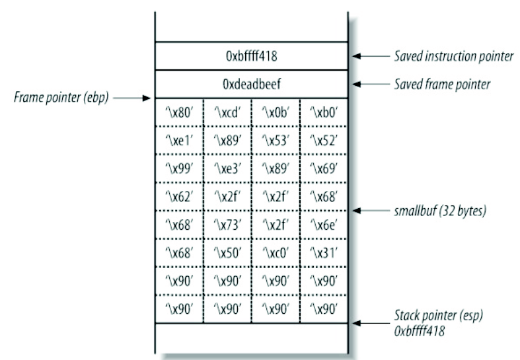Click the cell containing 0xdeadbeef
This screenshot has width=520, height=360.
[x=251, y=85]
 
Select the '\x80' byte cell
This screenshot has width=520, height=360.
[x=179, y=113]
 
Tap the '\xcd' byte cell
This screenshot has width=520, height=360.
[x=227, y=113]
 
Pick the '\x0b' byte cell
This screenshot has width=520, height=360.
[x=275, y=113]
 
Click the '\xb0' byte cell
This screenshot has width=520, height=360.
[x=323, y=113]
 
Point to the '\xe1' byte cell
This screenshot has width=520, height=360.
[x=179, y=141]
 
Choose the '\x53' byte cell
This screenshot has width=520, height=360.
[x=275, y=141]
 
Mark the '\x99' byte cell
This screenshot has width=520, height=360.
[x=179, y=168]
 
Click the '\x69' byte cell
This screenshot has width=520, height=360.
[x=323, y=168]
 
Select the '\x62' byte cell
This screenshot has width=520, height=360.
[x=179, y=197]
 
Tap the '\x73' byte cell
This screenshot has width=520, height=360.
[x=227, y=225]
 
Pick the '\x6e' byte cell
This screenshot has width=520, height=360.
[x=323, y=225]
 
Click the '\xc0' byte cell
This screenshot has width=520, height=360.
[x=275, y=253]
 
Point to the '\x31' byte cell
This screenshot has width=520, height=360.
[x=323, y=253]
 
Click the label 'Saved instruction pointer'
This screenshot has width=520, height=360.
[x=453, y=57]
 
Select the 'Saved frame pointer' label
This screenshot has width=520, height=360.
[x=441, y=85]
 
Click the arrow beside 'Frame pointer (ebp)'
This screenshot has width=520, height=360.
[x=135, y=98]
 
